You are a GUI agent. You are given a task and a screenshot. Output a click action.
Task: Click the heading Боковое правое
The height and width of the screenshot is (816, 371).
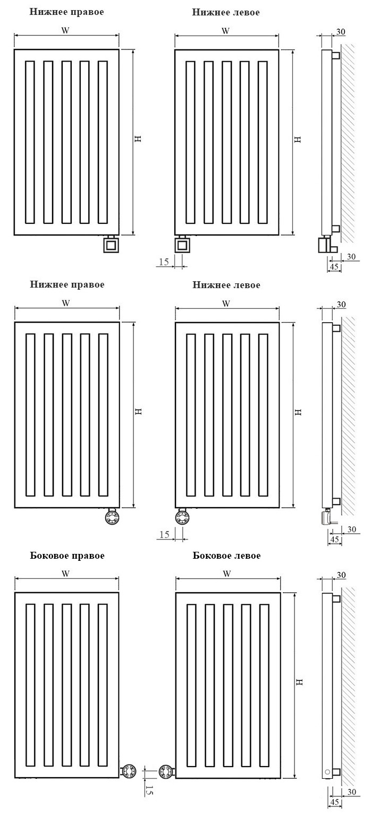point(67,556)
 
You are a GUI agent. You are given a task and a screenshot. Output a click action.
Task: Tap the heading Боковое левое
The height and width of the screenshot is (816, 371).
point(226,556)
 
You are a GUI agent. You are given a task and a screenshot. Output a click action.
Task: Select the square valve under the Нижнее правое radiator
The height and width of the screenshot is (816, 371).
point(111,245)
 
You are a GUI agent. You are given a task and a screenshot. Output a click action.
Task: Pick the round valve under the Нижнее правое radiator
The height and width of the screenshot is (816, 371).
point(112,517)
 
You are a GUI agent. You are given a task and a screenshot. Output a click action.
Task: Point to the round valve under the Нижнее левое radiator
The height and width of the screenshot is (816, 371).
point(182,517)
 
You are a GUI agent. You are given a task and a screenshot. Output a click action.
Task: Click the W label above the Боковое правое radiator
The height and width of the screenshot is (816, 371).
point(65,574)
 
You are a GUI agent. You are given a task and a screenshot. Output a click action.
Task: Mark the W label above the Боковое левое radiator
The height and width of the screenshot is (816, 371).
point(227,574)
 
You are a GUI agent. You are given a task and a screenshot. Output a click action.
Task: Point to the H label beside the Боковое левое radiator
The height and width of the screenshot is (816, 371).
point(299,682)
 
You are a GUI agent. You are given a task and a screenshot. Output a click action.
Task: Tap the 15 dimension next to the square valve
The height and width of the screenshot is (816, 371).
point(164,262)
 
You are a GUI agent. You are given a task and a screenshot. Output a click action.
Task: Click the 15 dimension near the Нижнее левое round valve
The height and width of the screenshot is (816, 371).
point(164,534)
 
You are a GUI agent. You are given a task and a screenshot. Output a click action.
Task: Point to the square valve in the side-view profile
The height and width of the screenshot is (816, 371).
point(324,245)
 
